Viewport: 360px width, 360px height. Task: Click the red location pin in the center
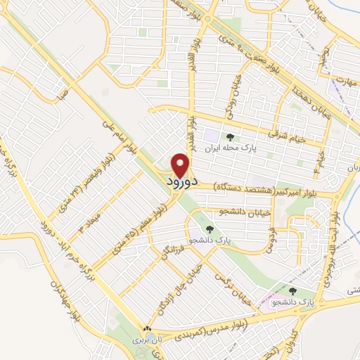(x=182, y=164)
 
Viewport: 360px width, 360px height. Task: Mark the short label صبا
(x=63, y=92)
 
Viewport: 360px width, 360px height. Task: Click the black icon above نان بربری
(x=148, y=328)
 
